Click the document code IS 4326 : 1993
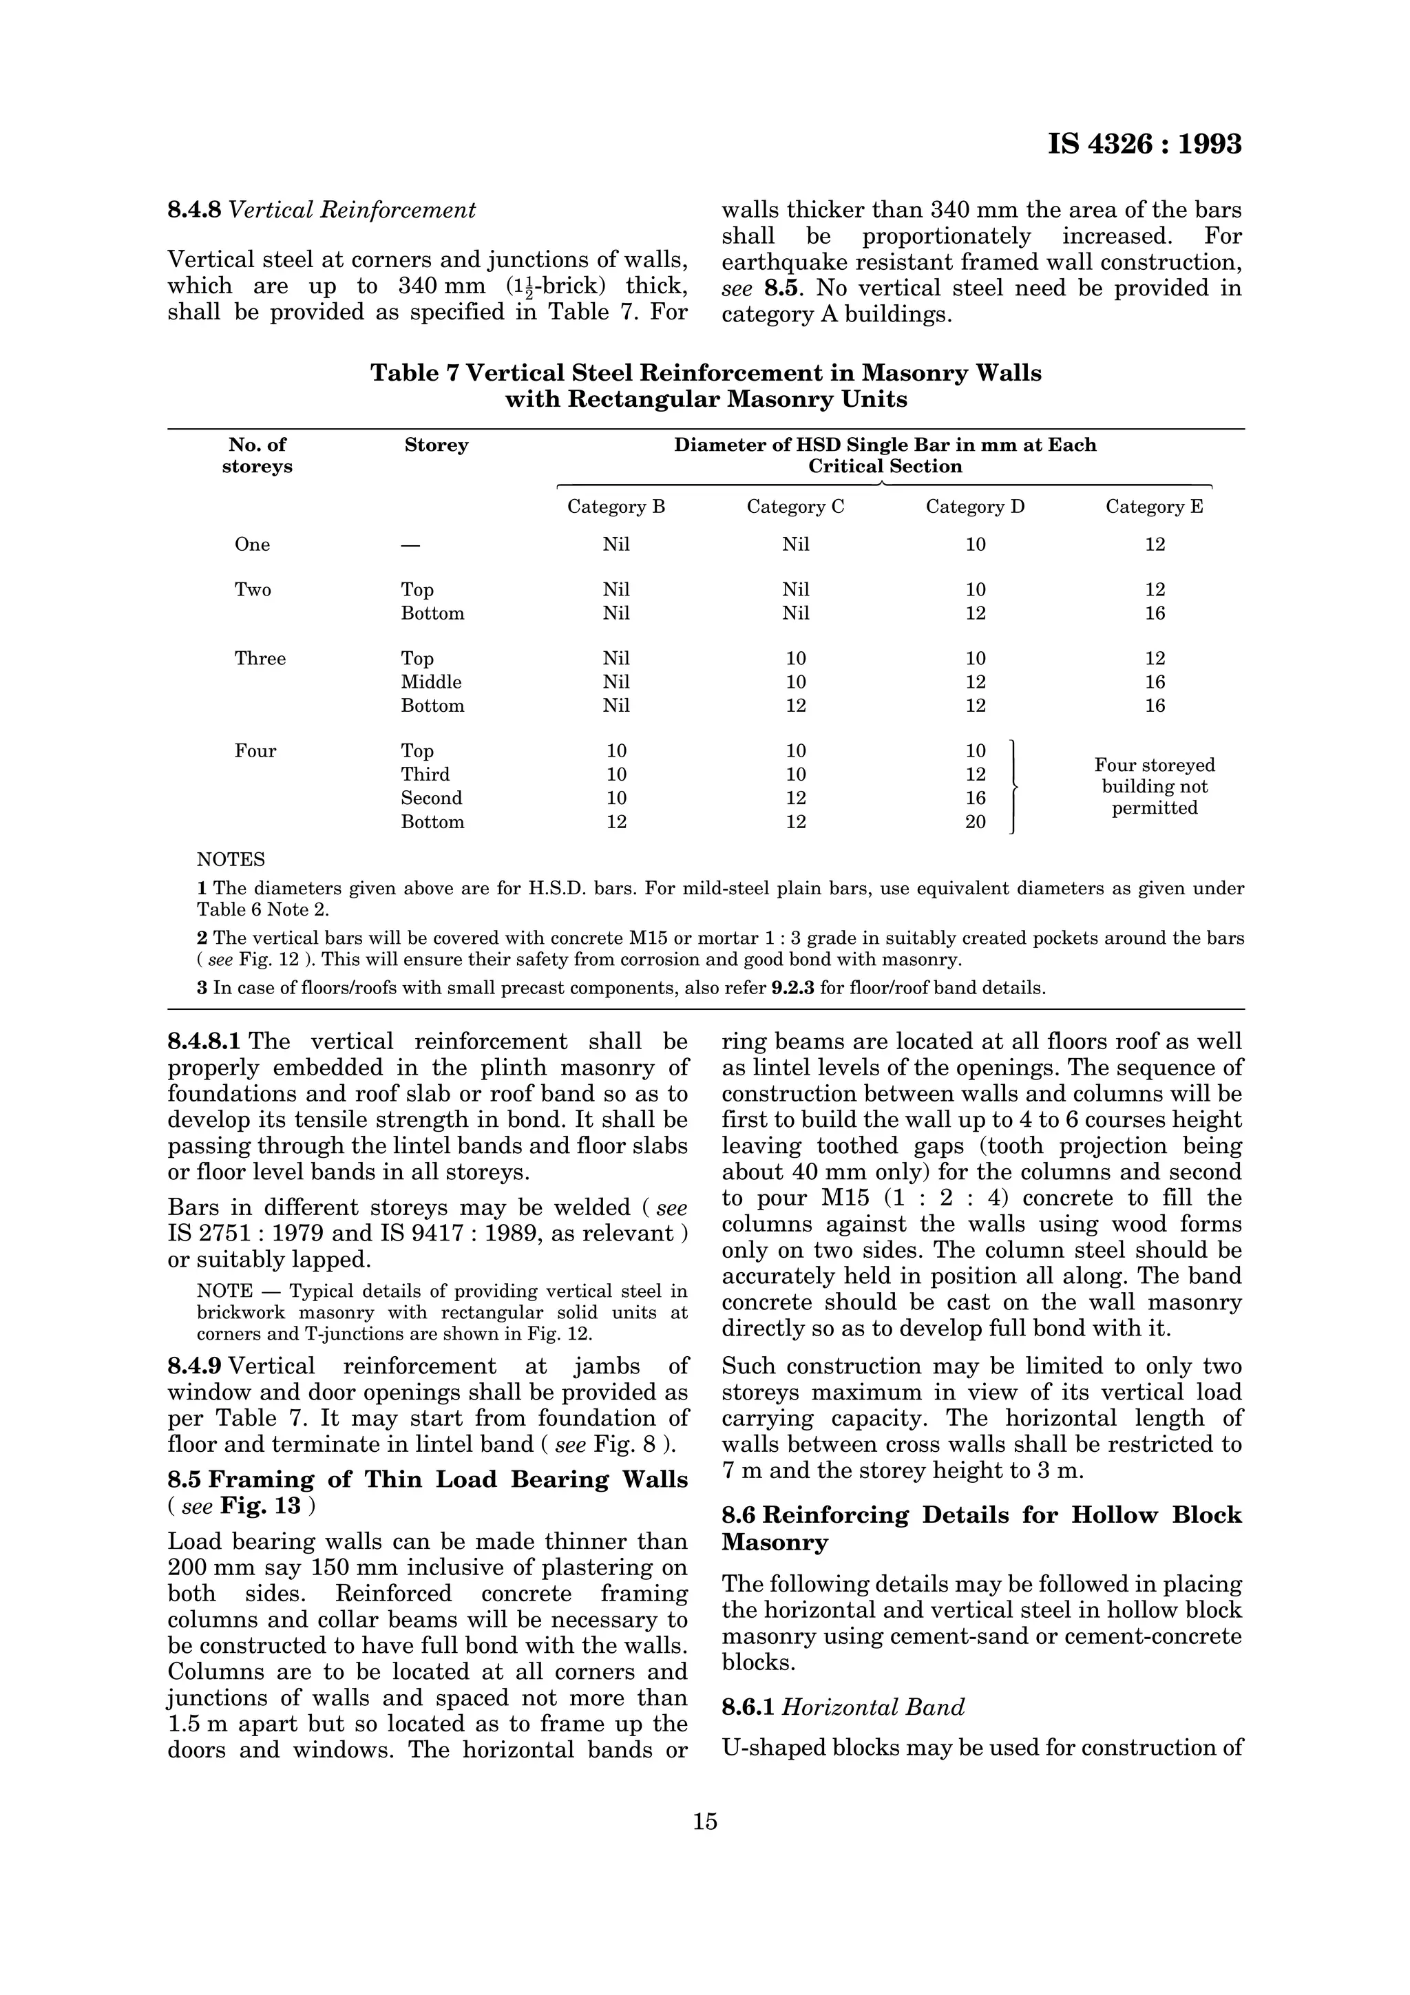tap(1144, 145)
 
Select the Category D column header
tap(975, 507)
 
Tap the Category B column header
tap(616, 507)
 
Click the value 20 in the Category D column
tap(975, 822)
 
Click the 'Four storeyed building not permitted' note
tap(1154, 786)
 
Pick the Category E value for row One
tap(1154, 545)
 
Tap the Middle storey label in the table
tap(431, 682)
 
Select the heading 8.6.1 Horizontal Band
tap(843, 1707)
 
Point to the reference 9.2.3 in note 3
tap(792, 988)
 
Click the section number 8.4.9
tap(195, 1366)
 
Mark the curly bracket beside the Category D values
tap(1013, 786)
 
